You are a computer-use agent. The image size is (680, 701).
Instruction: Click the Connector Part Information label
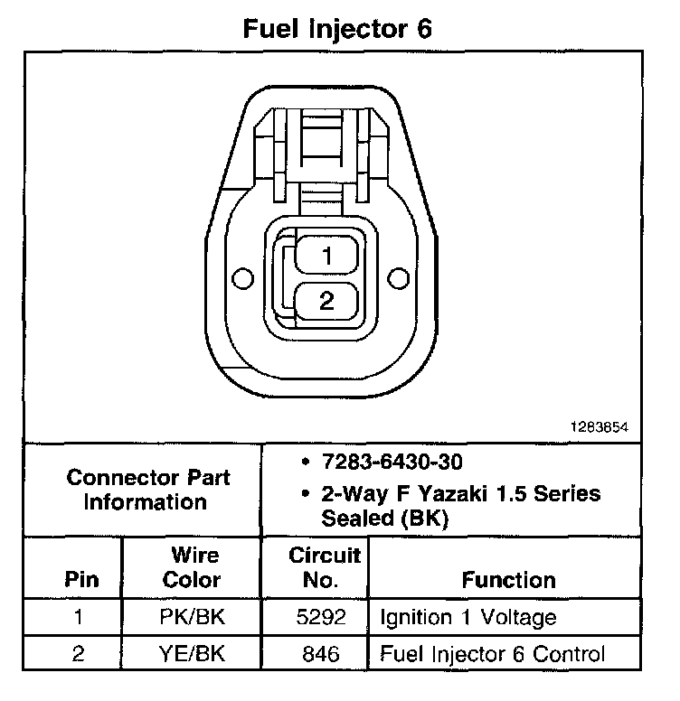(148, 489)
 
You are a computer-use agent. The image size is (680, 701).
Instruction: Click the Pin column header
(82, 579)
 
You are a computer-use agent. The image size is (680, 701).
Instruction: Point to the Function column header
(509, 579)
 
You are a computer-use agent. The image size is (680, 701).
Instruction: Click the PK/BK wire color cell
(192, 618)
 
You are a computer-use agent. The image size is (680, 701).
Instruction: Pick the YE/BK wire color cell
(192, 653)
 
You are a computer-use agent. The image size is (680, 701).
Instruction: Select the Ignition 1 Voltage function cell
(467, 618)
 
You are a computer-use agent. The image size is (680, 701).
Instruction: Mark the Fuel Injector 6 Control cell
(493, 653)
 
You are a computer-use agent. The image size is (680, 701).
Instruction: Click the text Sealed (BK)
(384, 519)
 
